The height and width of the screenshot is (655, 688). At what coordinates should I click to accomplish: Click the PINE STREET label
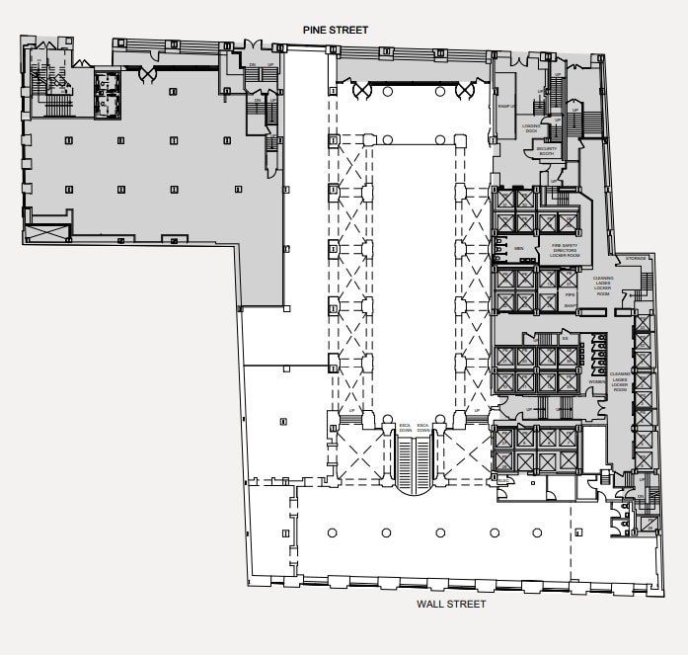335,31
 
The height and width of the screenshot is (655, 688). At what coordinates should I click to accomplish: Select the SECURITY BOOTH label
548,150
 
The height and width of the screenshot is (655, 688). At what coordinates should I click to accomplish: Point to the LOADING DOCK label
531,127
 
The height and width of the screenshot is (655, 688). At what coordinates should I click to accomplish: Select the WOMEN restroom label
596,381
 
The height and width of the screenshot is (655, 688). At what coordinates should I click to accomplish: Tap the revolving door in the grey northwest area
147,72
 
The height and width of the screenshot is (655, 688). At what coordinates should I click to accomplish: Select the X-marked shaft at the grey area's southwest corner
48,232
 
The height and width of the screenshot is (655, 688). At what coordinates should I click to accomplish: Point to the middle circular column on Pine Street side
413,91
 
